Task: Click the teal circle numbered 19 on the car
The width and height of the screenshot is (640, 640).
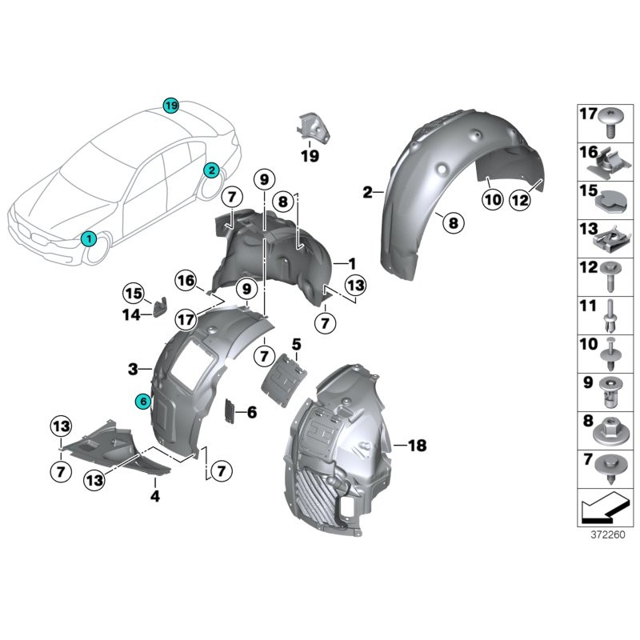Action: (170, 106)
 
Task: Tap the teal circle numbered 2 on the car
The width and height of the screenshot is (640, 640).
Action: (210, 170)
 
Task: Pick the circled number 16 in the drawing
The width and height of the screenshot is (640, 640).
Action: (186, 281)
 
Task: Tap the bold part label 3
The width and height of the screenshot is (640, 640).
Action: (133, 369)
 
